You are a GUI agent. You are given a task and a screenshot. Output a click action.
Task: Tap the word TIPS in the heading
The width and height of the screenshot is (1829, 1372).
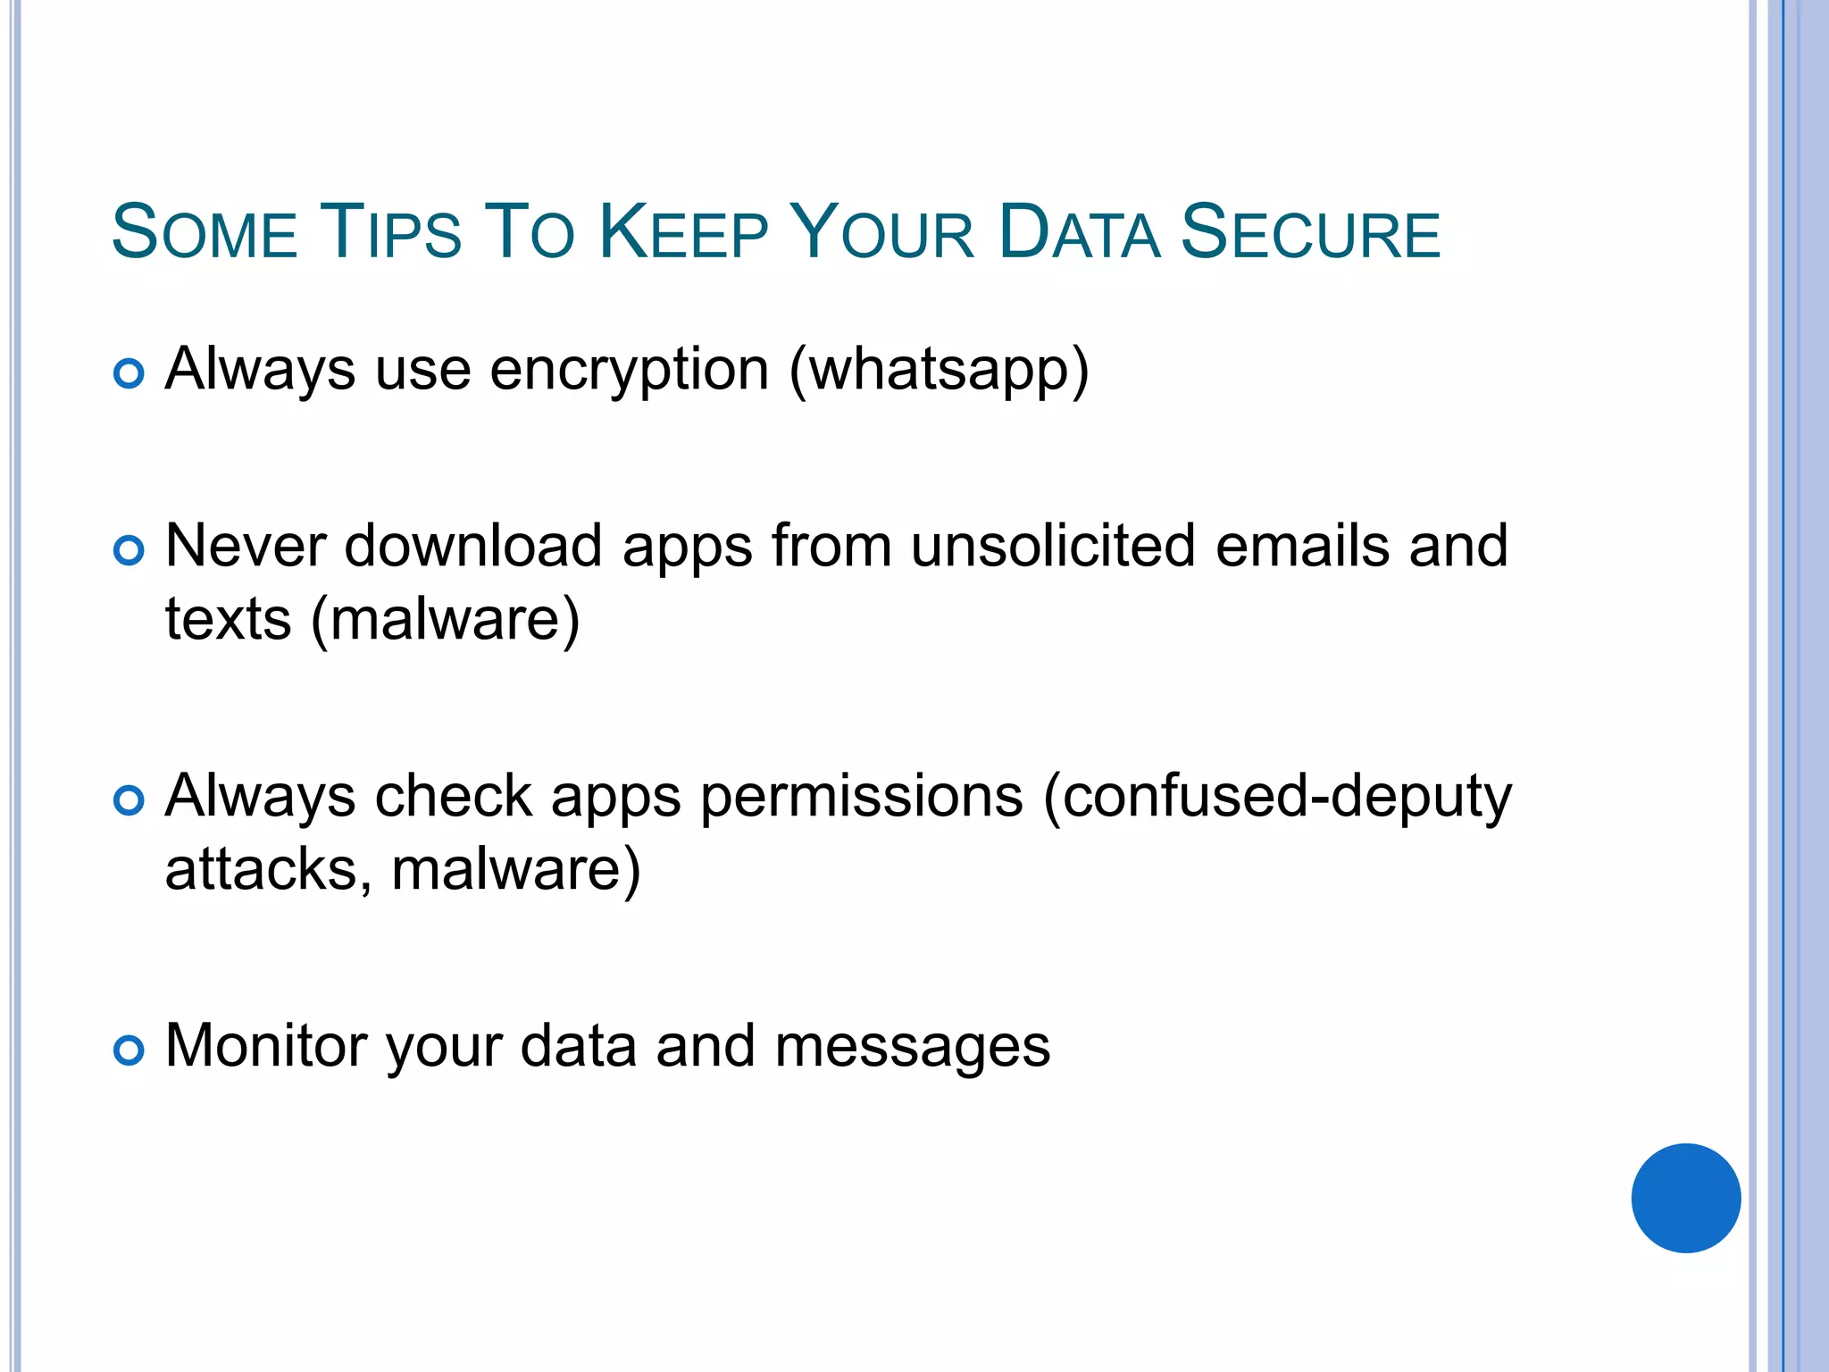[x=389, y=232]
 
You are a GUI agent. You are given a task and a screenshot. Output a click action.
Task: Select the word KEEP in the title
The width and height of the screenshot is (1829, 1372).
[x=682, y=232]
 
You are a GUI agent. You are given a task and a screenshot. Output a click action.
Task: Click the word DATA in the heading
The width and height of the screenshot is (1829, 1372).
[x=1079, y=232]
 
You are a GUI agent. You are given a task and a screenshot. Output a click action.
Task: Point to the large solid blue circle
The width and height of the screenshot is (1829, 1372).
[x=1685, y=1198]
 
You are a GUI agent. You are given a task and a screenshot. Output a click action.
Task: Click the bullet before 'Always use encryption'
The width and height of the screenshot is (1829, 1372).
[x=129, y=373]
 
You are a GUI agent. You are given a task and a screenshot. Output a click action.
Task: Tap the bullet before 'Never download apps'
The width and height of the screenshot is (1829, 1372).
[x=129, y=550]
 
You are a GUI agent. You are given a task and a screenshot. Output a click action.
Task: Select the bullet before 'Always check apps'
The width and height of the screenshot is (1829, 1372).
[x=129, y=800]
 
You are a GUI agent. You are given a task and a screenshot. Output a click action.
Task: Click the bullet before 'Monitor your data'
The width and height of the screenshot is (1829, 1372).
[x=129, y=1050]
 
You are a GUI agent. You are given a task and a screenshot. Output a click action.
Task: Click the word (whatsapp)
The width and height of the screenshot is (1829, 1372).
[x=939, y=370]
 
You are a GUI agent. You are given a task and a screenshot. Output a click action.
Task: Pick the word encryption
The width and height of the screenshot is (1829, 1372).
[x=629, y=370]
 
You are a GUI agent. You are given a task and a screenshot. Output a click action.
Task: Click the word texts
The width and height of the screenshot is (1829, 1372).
[x=229, y=619]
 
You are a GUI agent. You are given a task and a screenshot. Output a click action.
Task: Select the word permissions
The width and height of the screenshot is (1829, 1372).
[x=861, y=796]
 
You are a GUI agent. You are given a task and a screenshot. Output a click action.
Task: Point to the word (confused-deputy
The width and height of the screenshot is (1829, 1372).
[x=1277, y=796]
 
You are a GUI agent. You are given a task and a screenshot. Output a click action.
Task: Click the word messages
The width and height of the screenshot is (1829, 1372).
[x=912, y=1047]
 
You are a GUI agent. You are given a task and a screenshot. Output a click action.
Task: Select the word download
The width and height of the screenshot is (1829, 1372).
[x=472, y=546]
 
